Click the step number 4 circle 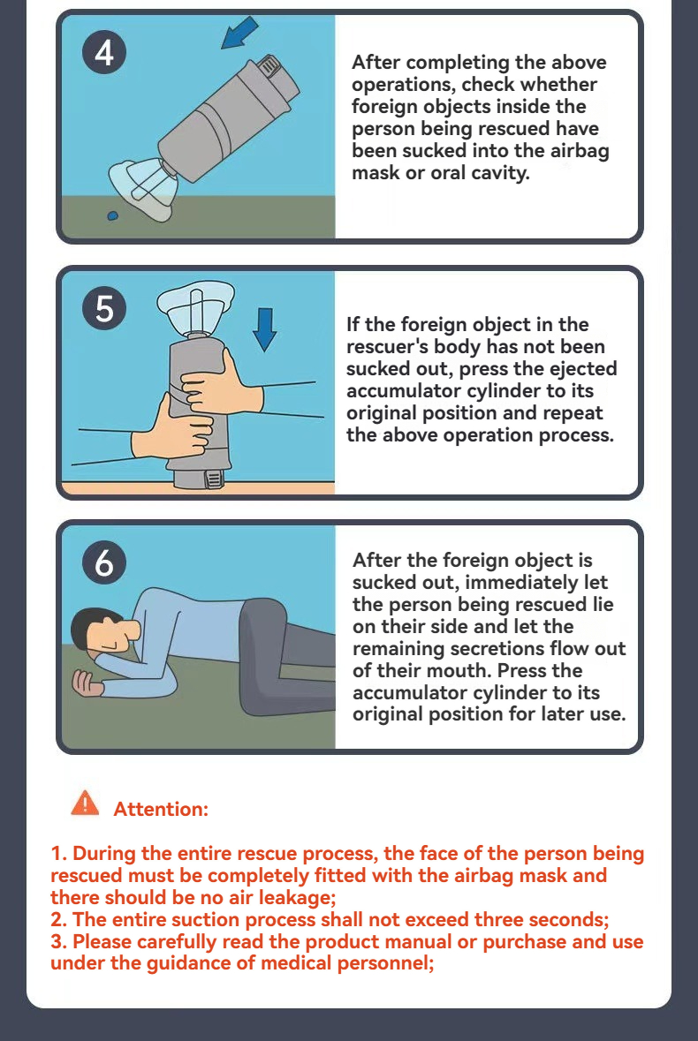click(104, 52)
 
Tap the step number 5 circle click(104, 309)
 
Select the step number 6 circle click(104, 563)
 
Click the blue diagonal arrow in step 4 click(239, 34)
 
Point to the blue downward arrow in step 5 click(265, 329)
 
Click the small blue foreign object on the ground click(113, 215)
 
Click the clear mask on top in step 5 click(195, 306)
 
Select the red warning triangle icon click(85, 803)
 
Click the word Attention click(160, 809)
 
